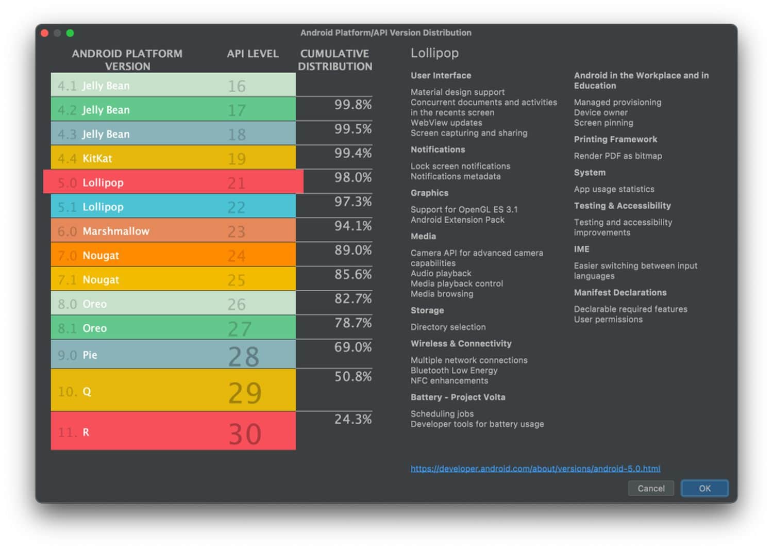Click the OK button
[704, 488]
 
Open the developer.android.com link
[535, 469]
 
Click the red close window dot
[45, 33]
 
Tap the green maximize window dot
[70, 33]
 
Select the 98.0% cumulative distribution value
[353, 177]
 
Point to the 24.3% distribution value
[353, 419]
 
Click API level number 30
[245, 434]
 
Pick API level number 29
[245, 393]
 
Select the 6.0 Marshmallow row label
[104, 231]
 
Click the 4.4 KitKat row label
[85, 158]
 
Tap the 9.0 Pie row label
[78, 355]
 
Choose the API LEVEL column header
[253, 54]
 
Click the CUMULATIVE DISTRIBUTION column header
[335, 60]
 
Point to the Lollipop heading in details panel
[434, 53]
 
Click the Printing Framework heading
[615, 139]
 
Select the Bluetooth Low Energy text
[454, 370]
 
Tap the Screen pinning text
[603, 123]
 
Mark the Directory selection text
[448, 327]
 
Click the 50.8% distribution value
[353, 376]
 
